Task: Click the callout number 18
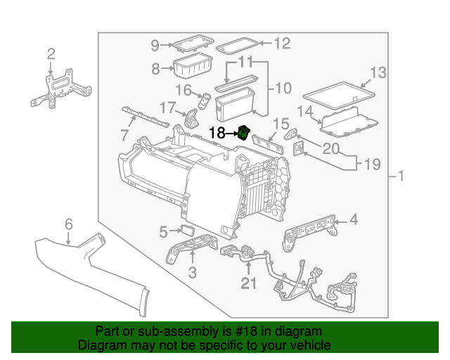[217, 131]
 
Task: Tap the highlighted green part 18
[244, 132]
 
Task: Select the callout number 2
[51, 54]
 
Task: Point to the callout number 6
[68, 224]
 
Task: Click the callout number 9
[155, 46]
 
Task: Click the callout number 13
[378, 72]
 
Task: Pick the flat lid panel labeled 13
[337, 92]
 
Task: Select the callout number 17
[166, 108]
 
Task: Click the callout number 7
[124, 134]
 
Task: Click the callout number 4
[354, 220]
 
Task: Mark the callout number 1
[401, 176]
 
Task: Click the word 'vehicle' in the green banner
[308, 346]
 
